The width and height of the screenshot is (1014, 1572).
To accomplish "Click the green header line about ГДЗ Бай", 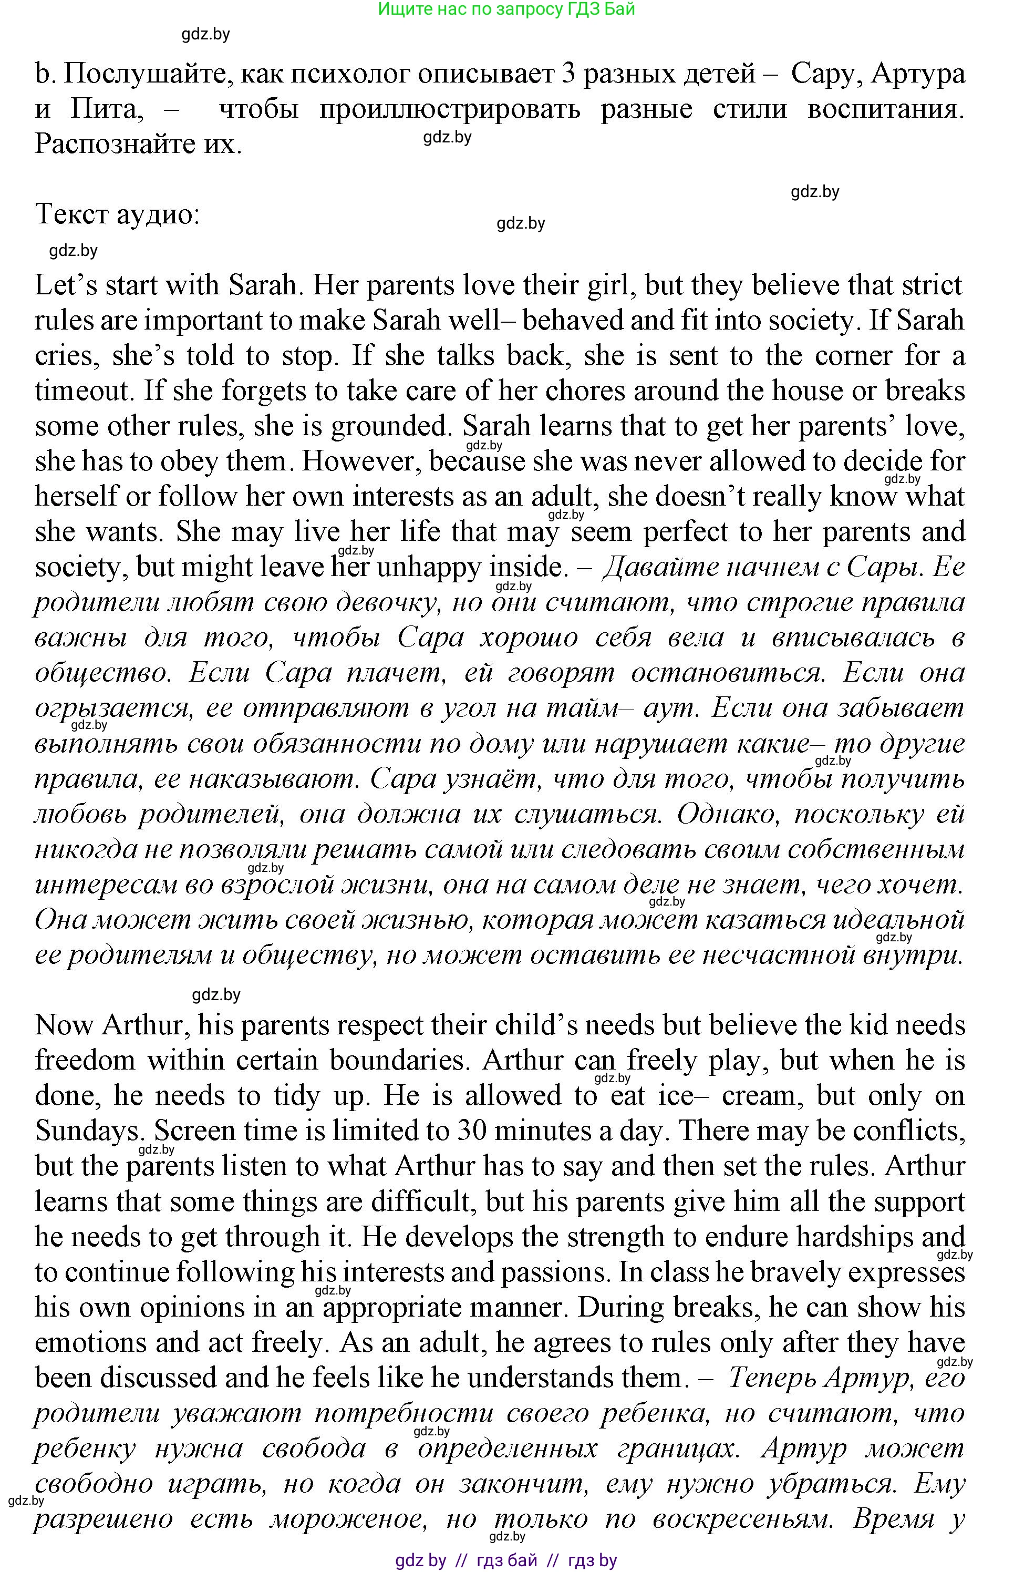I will [506, 9].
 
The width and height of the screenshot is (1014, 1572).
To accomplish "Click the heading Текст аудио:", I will [117, 214].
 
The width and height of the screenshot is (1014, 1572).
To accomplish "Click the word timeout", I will [81, 391].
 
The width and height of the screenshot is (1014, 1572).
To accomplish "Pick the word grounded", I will [388, 427].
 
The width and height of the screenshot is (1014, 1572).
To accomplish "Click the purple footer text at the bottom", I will [505, 1560].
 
